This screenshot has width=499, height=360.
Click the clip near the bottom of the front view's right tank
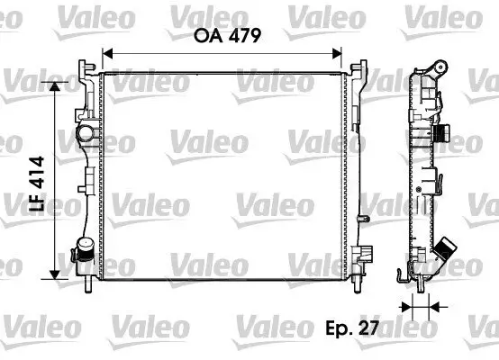coord(359,256)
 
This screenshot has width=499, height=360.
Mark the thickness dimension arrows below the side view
coord(416,308)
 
